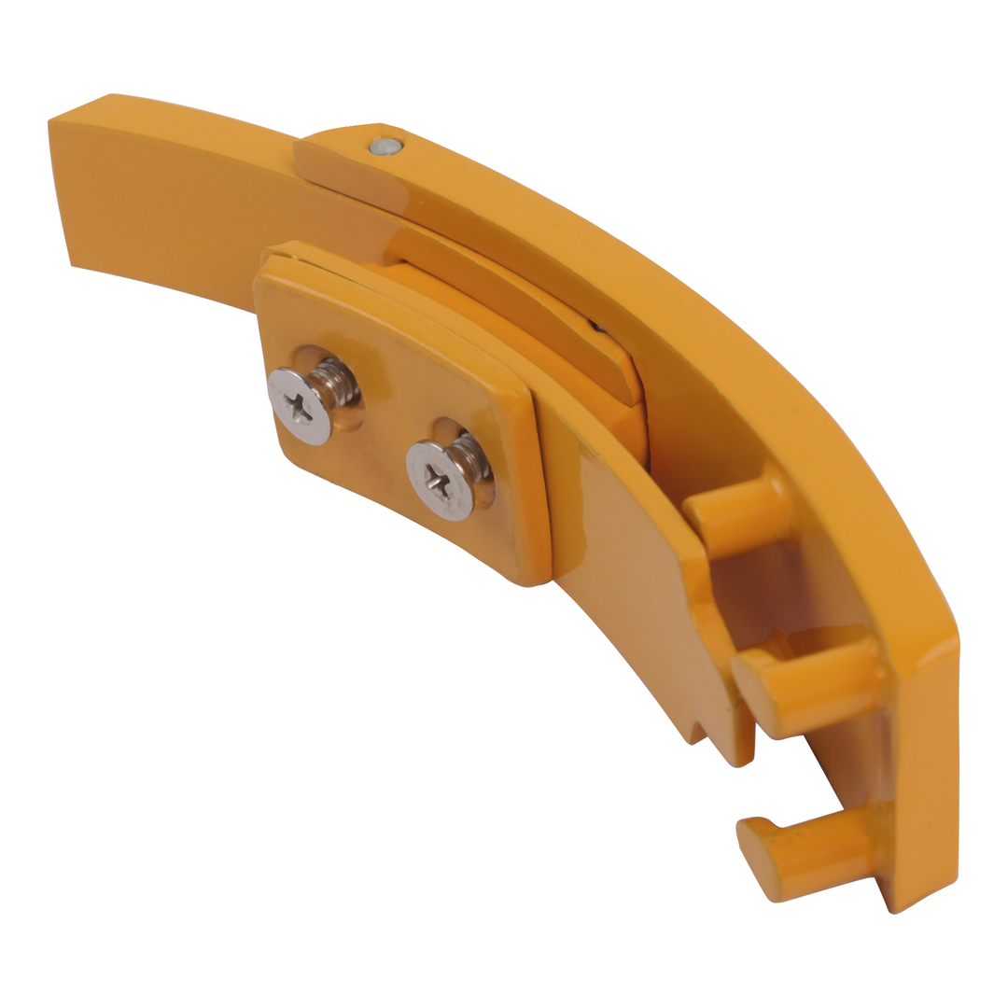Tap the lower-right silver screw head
(x=440, y=477)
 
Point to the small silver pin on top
(x=384, y=147)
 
